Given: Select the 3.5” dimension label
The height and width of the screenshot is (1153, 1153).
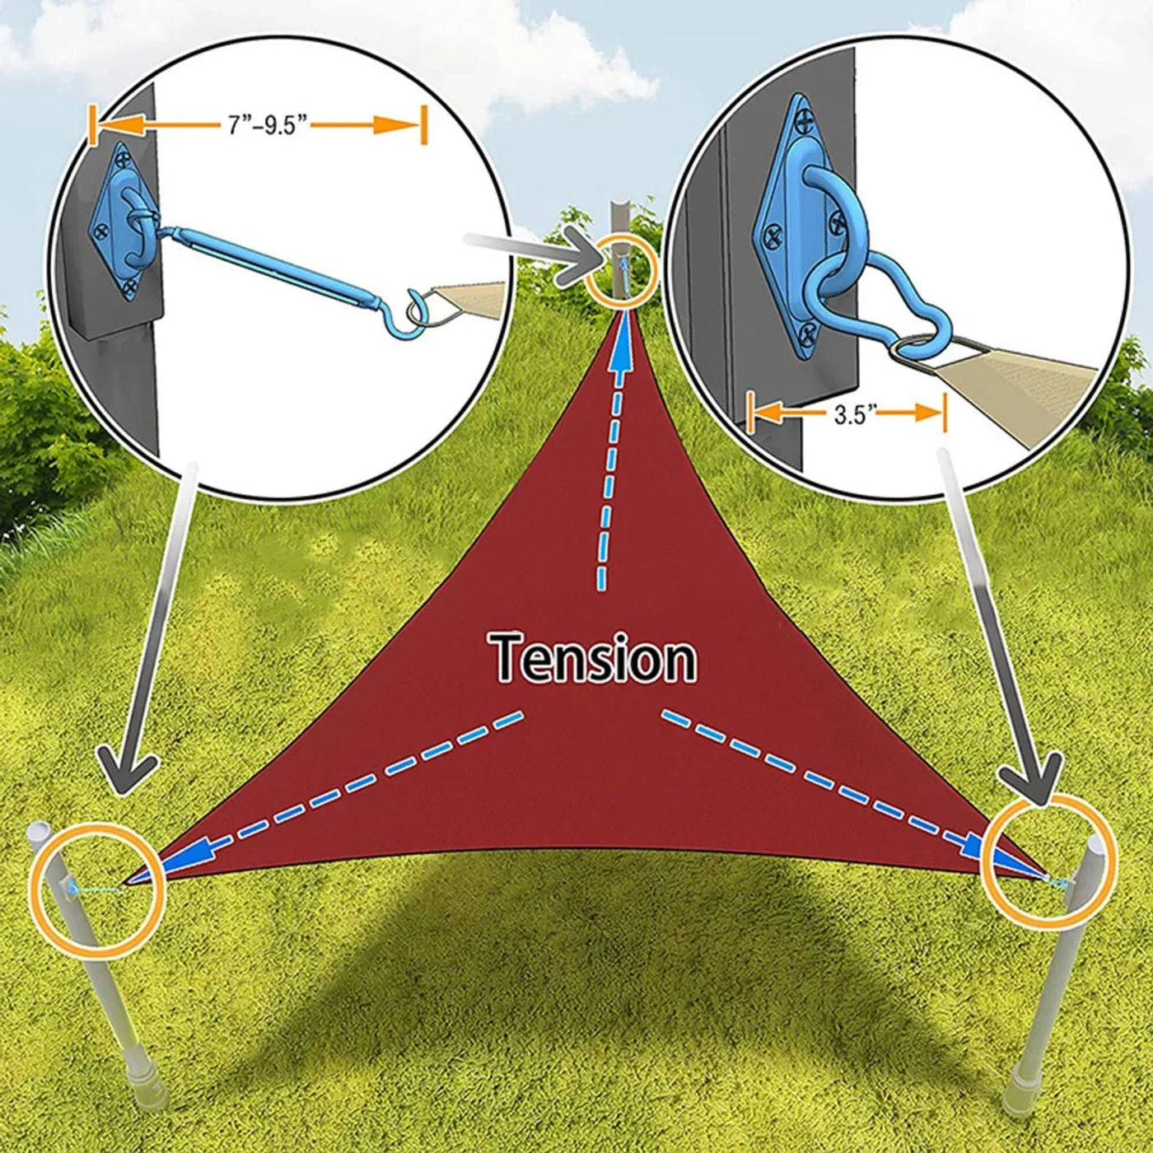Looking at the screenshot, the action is coord(850,415).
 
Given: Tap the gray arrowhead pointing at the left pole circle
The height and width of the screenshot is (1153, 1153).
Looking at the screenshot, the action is coord(128,775).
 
